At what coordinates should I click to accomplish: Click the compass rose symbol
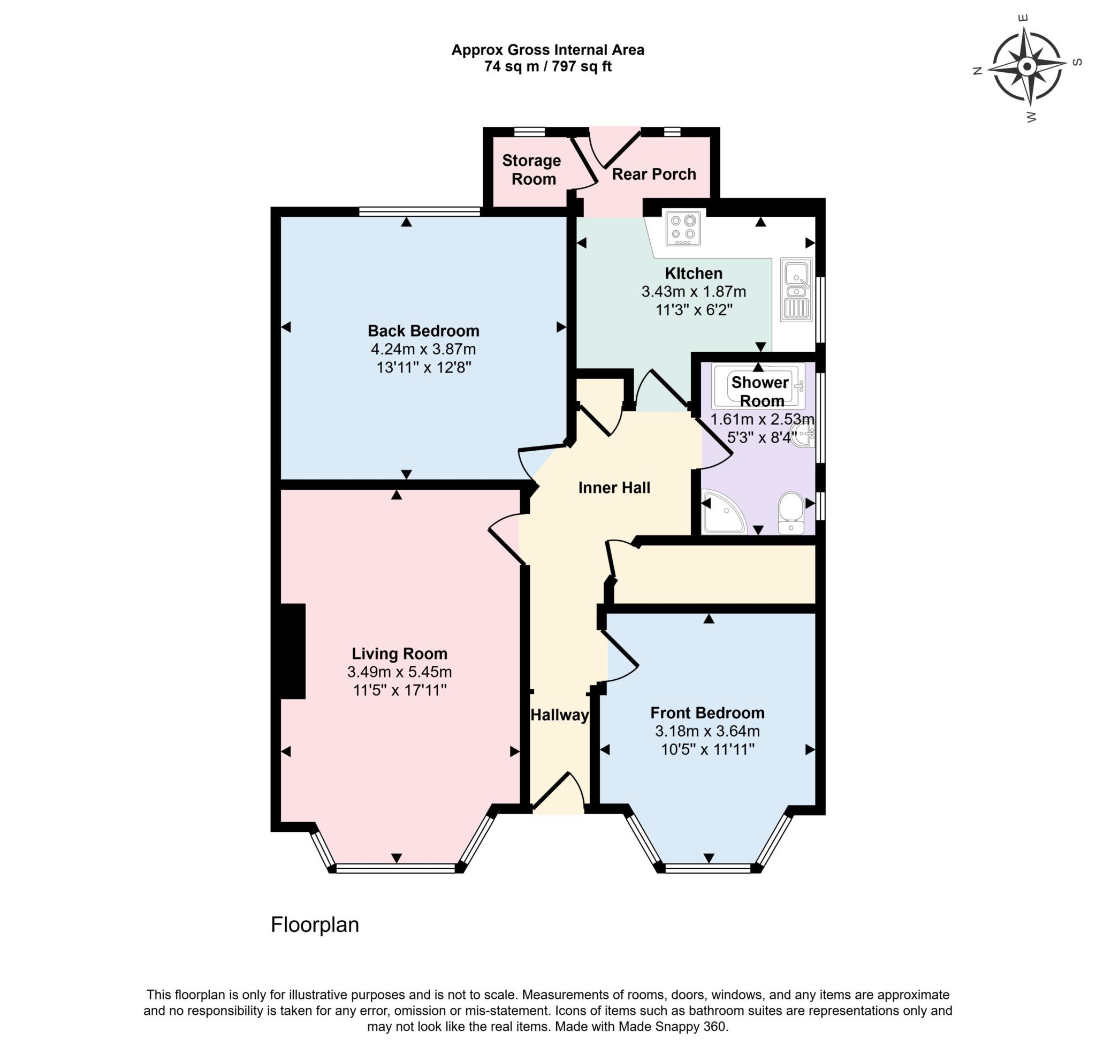pos(1026,67)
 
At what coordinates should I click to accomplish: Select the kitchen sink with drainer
pos(796,290)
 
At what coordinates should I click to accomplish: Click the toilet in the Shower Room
pos(790,512)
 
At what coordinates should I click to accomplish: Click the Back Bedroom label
pos(423,331)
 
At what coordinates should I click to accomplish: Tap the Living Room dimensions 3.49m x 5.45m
pos(399,672)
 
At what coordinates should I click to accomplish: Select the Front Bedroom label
pos(707,712)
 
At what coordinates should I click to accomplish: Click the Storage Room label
pos(531,170)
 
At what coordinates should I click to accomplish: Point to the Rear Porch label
pos(653,174)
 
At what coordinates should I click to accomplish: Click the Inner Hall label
pos(614,488)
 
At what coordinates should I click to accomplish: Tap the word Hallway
pos(559,715)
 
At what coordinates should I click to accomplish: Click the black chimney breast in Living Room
pos(293,651)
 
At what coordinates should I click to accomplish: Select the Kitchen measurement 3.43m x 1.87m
pos(694,291)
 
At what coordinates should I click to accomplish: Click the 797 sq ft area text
pos(582,66)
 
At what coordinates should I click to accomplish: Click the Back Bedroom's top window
pos(420,211)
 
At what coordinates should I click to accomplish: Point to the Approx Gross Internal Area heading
pos(547,50)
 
